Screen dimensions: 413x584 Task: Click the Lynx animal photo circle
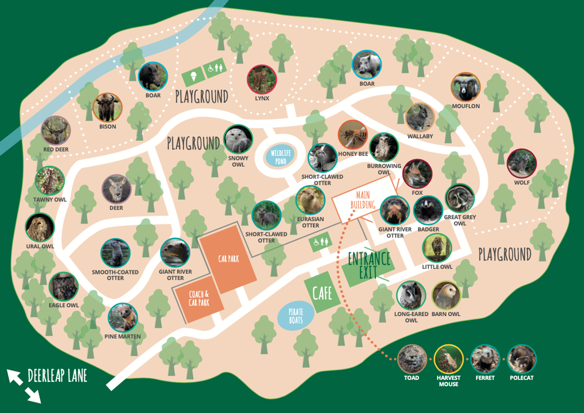click(x=262, y=80)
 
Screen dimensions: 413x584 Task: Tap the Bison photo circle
click(x=108, y=107)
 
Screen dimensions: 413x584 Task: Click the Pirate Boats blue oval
click(x=296, y=317)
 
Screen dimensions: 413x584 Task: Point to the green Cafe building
click(x=322, y=293)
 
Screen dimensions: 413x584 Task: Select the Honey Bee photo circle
click(x=353, y=134)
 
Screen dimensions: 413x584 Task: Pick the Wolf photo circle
click(x=522, y=163)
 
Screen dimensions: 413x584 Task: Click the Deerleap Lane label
click(x=57, y=376)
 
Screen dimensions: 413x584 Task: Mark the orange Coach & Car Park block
click(x=199, y=299)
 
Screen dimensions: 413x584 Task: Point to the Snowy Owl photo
click(x=238, y=139)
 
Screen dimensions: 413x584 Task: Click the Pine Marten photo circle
click(x=122, y=318)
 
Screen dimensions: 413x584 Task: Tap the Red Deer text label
click(x=56, y=150)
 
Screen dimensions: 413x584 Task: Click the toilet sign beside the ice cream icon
click(x=215, y=69)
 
